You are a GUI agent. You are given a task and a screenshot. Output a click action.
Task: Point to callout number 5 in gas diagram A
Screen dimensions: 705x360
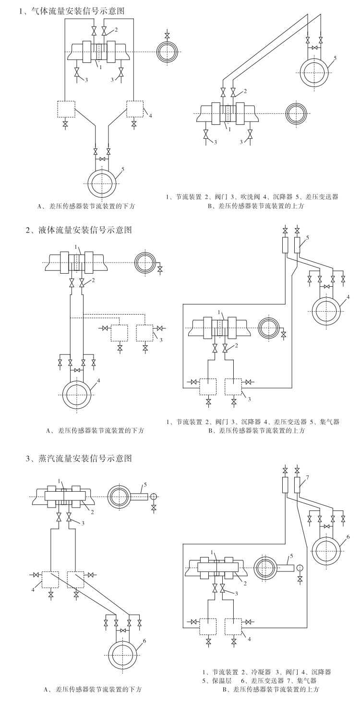tap(123, 169)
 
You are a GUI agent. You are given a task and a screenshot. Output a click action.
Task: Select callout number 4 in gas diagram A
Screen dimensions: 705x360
tap(150, 116)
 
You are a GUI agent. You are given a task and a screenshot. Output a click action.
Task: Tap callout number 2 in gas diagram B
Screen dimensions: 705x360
tap(245, 91)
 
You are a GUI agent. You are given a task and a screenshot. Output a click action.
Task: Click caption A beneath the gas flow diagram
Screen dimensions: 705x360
tap(86, 206)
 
